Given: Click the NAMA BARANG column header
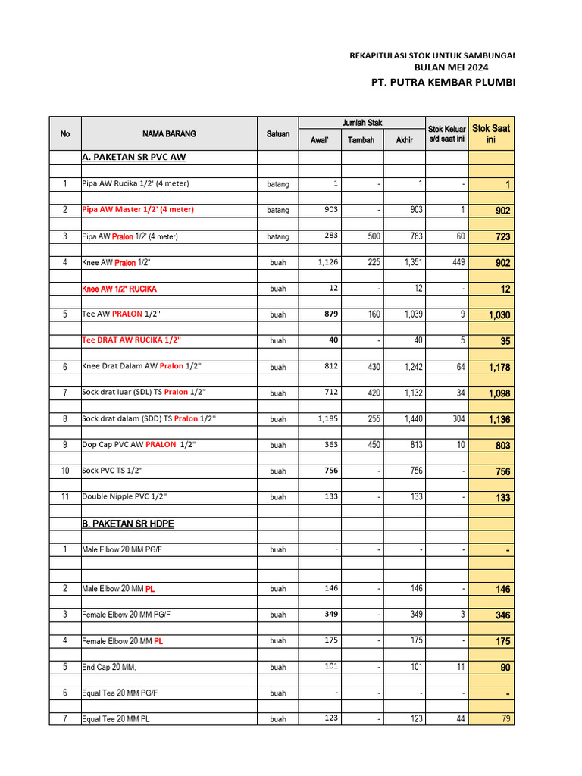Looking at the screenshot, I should [169, 134].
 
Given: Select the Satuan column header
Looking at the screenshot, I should [278, 134].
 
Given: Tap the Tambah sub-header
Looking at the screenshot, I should [361, 140].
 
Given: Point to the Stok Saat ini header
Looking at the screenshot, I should [491, 134].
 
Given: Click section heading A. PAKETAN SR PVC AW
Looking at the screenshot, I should [134, 158].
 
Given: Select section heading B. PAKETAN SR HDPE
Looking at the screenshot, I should [132, 523].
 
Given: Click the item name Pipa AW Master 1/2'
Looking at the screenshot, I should [138, 210].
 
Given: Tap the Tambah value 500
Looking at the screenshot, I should [374, 236].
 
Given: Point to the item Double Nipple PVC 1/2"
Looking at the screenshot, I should [124, 497].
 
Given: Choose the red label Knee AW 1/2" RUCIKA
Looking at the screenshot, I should [120, 289].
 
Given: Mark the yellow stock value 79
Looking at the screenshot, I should [504, 719].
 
